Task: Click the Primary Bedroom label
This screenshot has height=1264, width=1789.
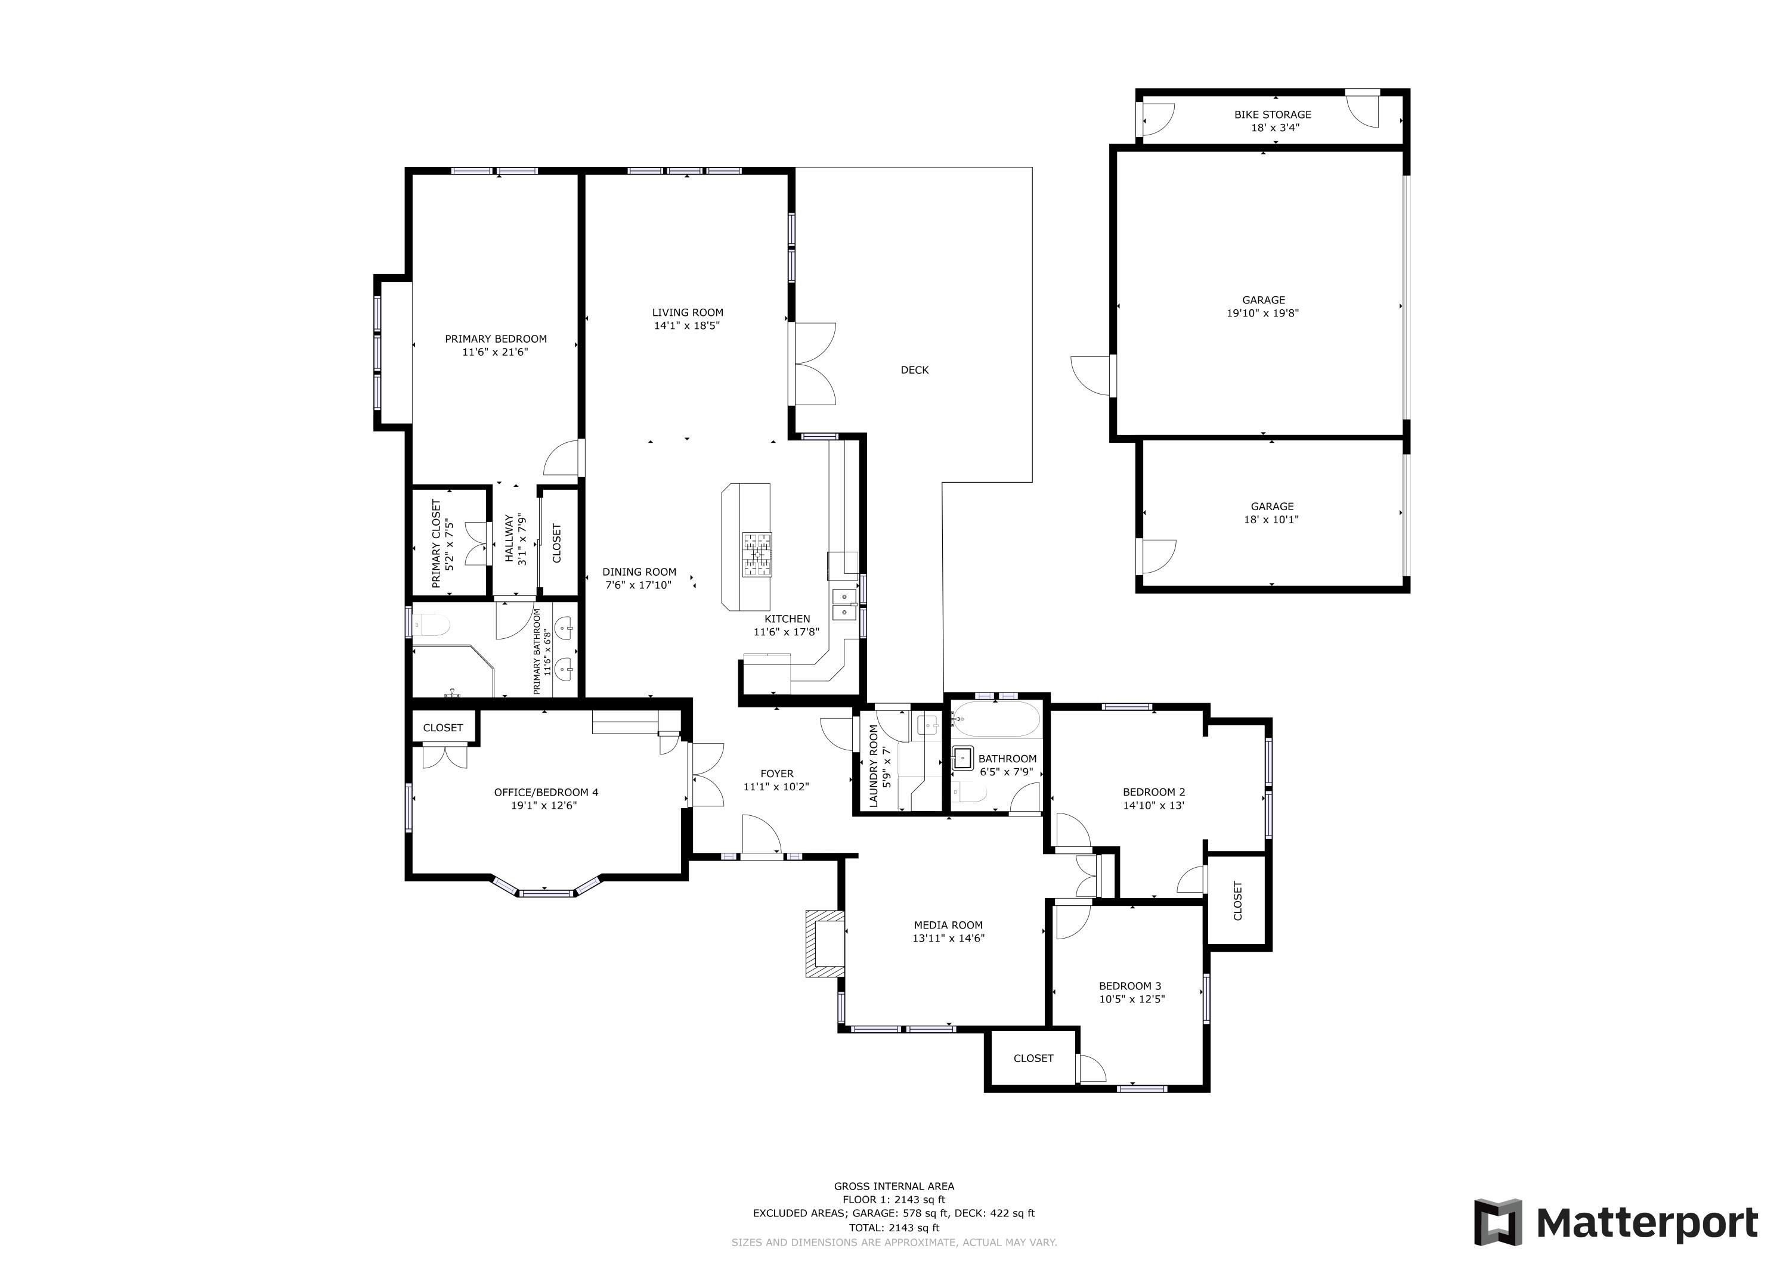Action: click(496, 338)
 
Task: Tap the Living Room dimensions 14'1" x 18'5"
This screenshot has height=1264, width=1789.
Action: click(686, 325)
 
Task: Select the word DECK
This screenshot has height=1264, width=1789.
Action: click(914, 370)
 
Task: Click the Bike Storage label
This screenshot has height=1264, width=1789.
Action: click(1273, 114)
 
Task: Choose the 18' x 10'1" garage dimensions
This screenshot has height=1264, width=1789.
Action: click(1271, 520)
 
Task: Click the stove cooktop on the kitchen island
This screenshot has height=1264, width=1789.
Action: click(757, 554)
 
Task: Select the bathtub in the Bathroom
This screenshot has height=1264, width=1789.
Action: click(996, 720)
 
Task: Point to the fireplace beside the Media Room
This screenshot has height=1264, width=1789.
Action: click(824, 943)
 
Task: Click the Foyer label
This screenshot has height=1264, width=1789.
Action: click(777, 774)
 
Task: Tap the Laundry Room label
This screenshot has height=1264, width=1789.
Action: click(874, 766)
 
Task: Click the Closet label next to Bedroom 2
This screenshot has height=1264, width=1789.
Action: click(1238, 901)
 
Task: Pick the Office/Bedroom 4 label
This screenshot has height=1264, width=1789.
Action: click(546, 792)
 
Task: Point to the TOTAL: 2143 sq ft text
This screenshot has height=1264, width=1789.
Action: click(894, 1228)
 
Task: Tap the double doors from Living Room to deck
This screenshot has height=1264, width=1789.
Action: click(813, 364)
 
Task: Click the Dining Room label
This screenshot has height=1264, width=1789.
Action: click(639, 572)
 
